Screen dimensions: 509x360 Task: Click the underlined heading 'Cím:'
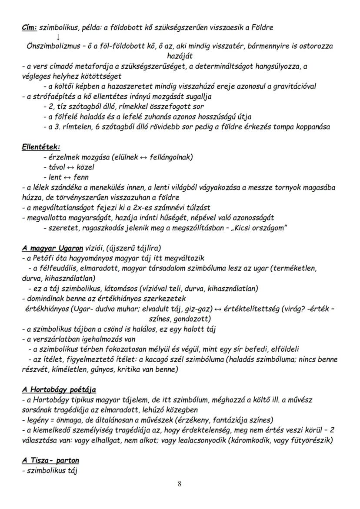(29, 27)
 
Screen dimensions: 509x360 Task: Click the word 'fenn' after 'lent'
(81, 177)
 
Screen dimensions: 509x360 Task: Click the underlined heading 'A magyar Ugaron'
(53, 248)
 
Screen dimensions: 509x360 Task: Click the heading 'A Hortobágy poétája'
(59, 389)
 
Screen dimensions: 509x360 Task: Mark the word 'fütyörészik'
(313, 440)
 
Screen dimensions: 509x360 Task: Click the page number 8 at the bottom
(180, 485)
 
